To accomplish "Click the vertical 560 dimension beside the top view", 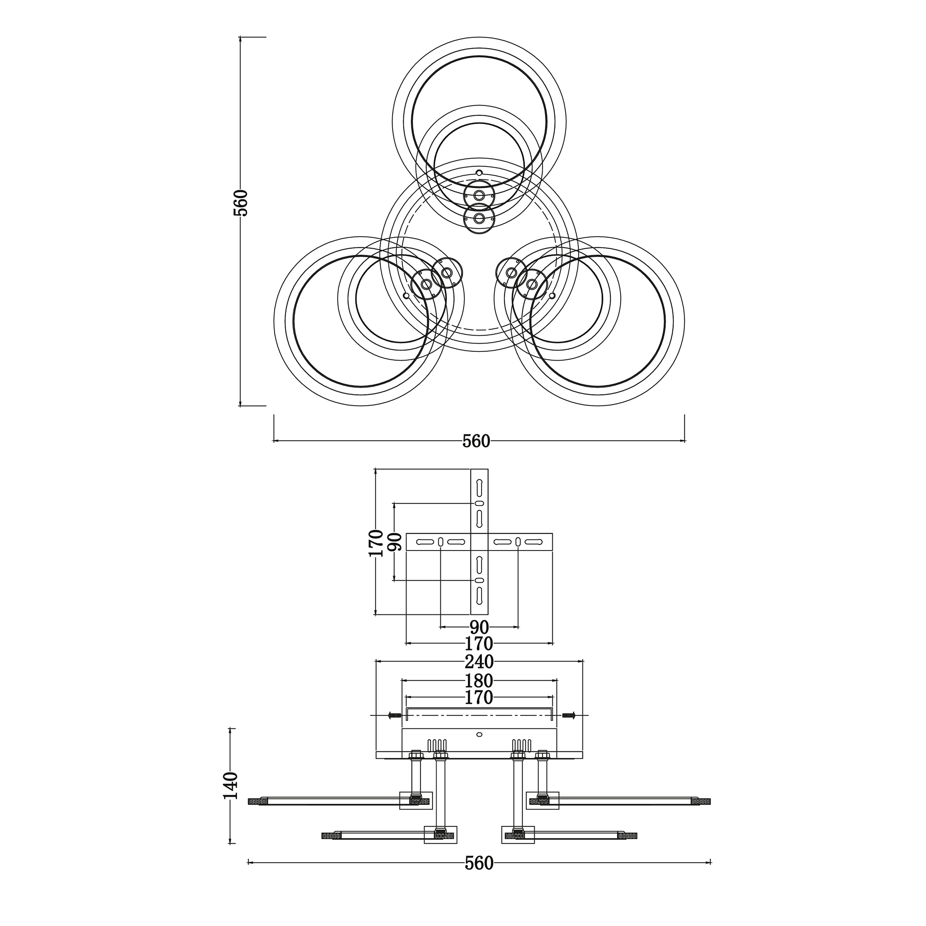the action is pos(243,203).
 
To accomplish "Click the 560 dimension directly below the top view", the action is pos(476,441).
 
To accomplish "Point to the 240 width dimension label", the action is pos(479,662).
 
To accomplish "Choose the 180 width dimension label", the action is pos(479,681).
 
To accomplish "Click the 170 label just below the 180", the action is pos(479,698).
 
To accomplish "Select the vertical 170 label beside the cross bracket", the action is pos(376,543).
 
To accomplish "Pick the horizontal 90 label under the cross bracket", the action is pos(479,627).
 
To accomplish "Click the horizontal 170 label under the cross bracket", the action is pos(479,643).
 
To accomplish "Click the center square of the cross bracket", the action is pos(479,542).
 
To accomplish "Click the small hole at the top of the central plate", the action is pos(479,173).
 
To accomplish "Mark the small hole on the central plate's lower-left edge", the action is pos(406,296).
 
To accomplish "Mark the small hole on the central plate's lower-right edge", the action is pos(552,296).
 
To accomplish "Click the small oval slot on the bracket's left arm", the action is pos(440,542).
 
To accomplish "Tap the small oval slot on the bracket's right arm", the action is pos(518,542).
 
